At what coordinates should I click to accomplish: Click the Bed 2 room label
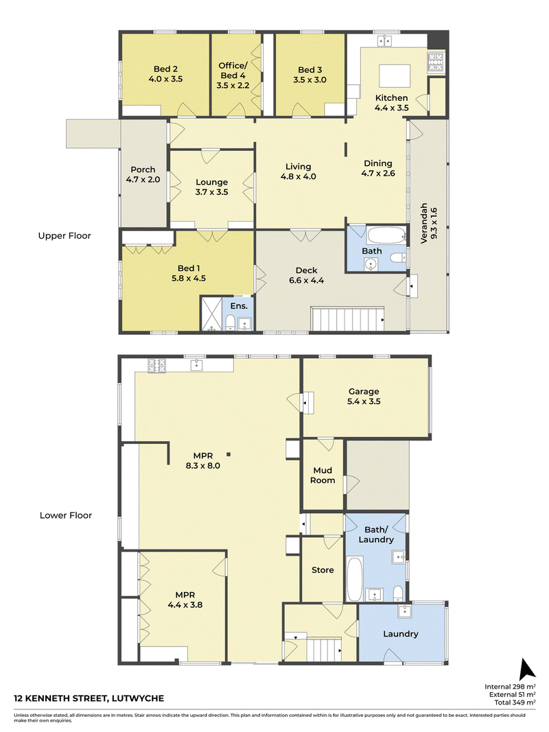point(165,69)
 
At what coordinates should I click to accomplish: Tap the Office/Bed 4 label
point(233,75)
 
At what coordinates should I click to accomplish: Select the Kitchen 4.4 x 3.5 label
point(392,103)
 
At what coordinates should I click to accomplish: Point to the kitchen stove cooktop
point(436,63)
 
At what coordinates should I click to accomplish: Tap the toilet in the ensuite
point(230,322)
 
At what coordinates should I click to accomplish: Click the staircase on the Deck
point(347,319)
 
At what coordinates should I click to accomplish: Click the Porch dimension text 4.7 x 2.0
point(143,179)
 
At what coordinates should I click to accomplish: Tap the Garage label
point(364,391)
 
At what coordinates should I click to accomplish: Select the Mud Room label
point(323,475)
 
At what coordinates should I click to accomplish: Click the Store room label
point(323,570)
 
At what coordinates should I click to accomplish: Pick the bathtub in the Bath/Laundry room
point(355,579)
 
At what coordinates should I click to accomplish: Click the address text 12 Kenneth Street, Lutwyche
point(89,698)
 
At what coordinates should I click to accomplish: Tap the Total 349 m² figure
point(515,702)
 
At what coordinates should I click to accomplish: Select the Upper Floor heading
point(65,236)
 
